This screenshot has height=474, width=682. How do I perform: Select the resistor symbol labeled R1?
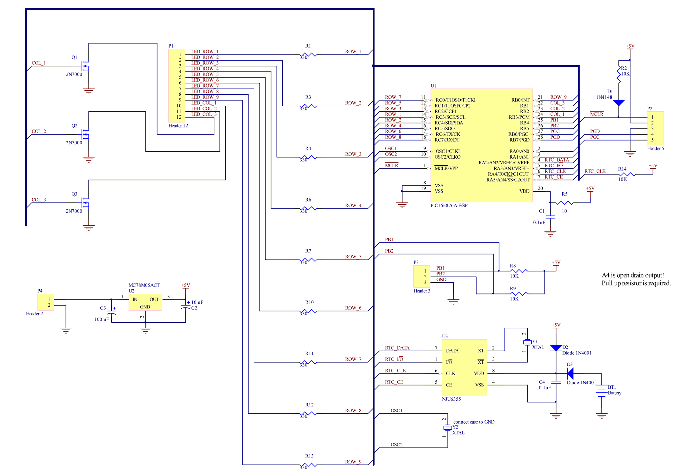tap(308, 55)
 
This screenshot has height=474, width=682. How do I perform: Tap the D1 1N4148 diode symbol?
tap(618, 103)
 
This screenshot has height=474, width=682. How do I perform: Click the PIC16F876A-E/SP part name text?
tap(449, 205)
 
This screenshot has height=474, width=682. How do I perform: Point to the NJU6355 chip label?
tap(451, 399)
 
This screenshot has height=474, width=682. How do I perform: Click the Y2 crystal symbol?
tap(447, 428)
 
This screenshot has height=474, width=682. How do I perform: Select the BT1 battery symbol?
tap(601, 391)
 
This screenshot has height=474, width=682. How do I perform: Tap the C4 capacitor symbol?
tap(556, 382)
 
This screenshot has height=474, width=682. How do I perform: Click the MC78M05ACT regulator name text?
tap(144, 285)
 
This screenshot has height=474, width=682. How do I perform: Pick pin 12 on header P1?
tap(179, 117)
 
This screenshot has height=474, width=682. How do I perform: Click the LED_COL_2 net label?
tap(204, 109)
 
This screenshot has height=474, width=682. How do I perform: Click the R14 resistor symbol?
tap(627, 174)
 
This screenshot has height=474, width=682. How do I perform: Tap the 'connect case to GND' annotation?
tap(474, 422)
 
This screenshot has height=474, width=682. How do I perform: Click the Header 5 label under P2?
tap(655, 148)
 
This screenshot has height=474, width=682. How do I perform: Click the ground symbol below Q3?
tap(89, 227)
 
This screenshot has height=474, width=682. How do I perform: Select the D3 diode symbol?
tap(570, 373)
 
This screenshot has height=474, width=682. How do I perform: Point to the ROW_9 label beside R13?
tap(353, 462)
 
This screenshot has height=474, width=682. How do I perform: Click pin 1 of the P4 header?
tap(49, 299)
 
